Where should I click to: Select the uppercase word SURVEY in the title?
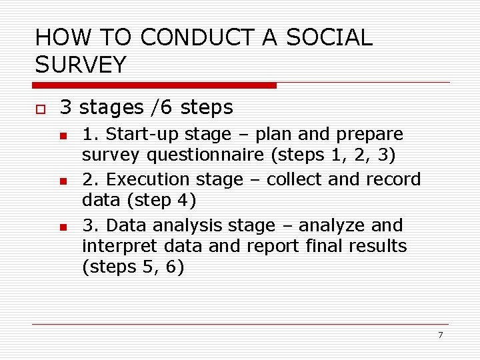click(x=81, y=65)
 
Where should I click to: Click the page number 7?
click(x=440, y=335)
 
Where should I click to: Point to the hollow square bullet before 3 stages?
click(x=40, y=109)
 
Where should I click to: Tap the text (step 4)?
click(x=139, y=200)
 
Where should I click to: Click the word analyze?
click(x=330, y=226)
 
